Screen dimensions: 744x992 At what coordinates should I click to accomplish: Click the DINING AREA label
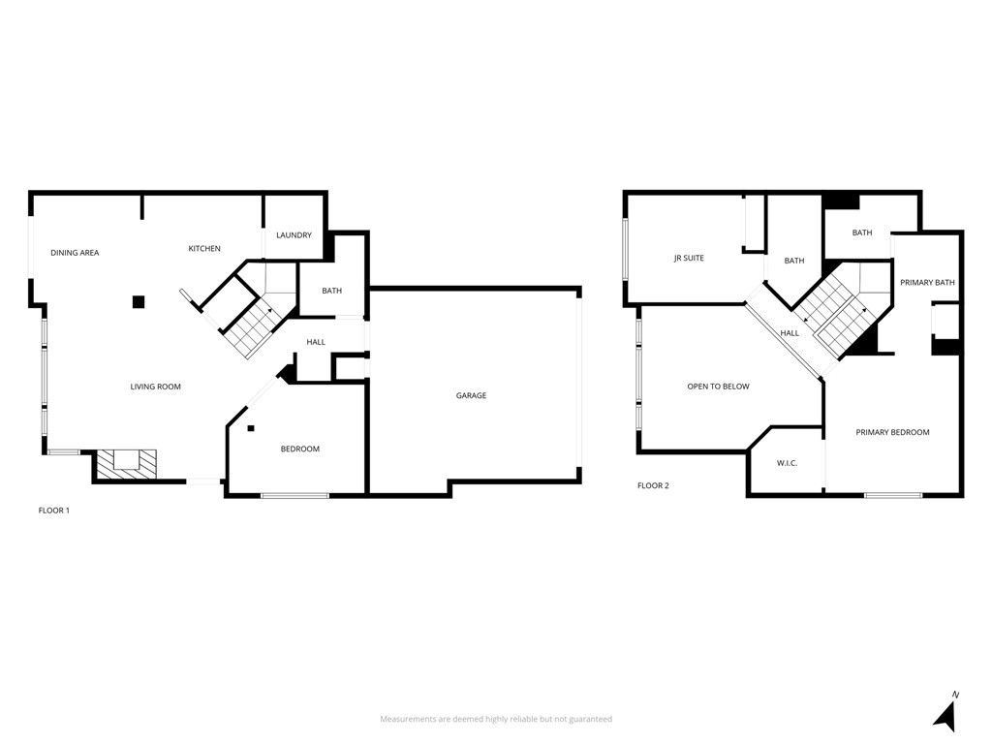[75, 253]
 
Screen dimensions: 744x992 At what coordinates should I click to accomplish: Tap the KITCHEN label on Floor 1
[204, 249]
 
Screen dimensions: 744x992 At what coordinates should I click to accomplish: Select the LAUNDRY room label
[294, 235]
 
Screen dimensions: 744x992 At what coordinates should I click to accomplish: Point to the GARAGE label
[472, 395]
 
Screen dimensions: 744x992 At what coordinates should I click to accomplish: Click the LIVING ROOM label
[156, 387]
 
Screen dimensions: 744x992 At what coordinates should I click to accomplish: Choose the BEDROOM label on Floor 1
[299, 449]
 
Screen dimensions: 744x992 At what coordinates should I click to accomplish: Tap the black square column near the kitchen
[139, 301]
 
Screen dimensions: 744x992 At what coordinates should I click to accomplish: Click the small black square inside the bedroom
[250, 428]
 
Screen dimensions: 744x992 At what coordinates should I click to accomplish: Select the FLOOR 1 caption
[53, 510]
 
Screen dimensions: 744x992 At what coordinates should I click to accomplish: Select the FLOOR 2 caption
[653, 485]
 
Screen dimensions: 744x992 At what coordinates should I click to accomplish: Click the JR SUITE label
[689, 259]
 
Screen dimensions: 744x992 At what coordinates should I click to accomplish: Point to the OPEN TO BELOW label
[718, 387]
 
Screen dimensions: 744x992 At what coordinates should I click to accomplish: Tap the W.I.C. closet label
[787, 463]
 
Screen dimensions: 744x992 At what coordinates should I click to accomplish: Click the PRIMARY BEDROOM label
[892, 432]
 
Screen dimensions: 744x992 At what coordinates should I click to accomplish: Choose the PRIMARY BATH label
[927, 283]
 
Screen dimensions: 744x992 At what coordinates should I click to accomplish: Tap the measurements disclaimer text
[495, 719]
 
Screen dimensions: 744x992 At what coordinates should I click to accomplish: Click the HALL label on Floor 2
[790, 333]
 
